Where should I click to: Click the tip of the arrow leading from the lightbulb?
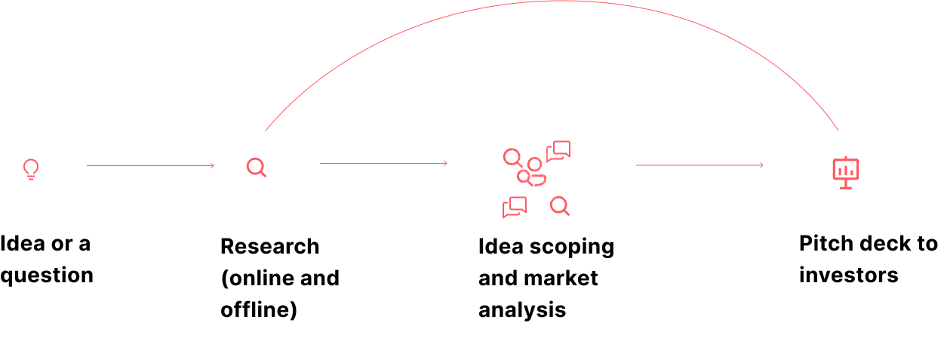tap(214, 166)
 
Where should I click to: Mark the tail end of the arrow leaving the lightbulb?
tap(87, 166)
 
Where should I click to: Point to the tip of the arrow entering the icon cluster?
tap(447, 163)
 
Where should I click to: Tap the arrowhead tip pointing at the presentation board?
tap(763, 165)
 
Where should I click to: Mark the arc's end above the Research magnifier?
tap(266, 131)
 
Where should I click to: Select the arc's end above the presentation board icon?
tap(838, 131)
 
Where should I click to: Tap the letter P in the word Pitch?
tap(805, 244)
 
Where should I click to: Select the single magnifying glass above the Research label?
tap(257, 168)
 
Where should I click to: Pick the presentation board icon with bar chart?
tap(846, 173)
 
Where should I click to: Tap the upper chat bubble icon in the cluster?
tap(558, 152)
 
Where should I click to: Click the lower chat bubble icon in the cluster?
tap(515, 207)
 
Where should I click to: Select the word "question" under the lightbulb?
tap(47, 276)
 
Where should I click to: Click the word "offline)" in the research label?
tap(259, 310)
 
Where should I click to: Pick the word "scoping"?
tap(572, 248)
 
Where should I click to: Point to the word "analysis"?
tap(522, 311)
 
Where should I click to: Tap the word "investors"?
tap(849, 275)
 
